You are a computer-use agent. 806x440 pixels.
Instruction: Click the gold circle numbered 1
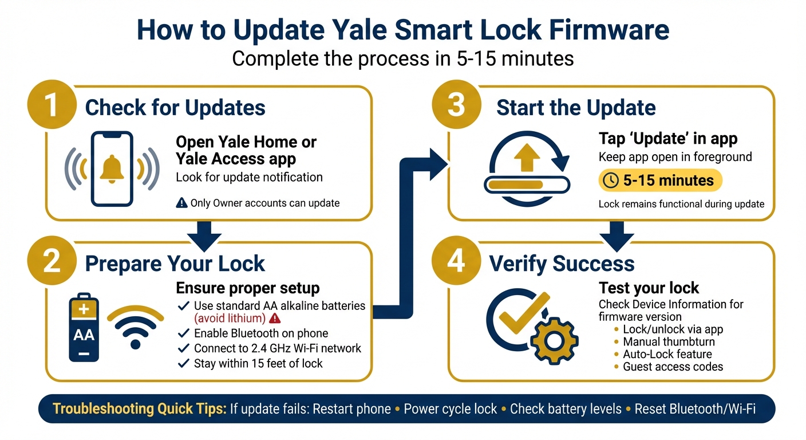52,107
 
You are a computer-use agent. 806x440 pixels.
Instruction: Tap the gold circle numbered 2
52,262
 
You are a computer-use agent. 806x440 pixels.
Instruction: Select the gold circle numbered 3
456,107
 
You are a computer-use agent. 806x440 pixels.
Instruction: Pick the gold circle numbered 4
456,262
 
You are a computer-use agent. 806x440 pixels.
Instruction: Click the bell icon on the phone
112,168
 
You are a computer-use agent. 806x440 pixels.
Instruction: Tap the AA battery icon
84,328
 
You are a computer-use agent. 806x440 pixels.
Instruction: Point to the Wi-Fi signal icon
136,327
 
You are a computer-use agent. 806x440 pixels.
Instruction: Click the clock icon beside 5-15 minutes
611,180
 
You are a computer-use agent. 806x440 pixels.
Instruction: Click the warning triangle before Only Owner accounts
182,203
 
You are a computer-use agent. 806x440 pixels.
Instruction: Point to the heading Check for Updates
175,108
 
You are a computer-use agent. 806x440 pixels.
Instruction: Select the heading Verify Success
562,264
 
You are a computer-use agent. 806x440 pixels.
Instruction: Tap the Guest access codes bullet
672,367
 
